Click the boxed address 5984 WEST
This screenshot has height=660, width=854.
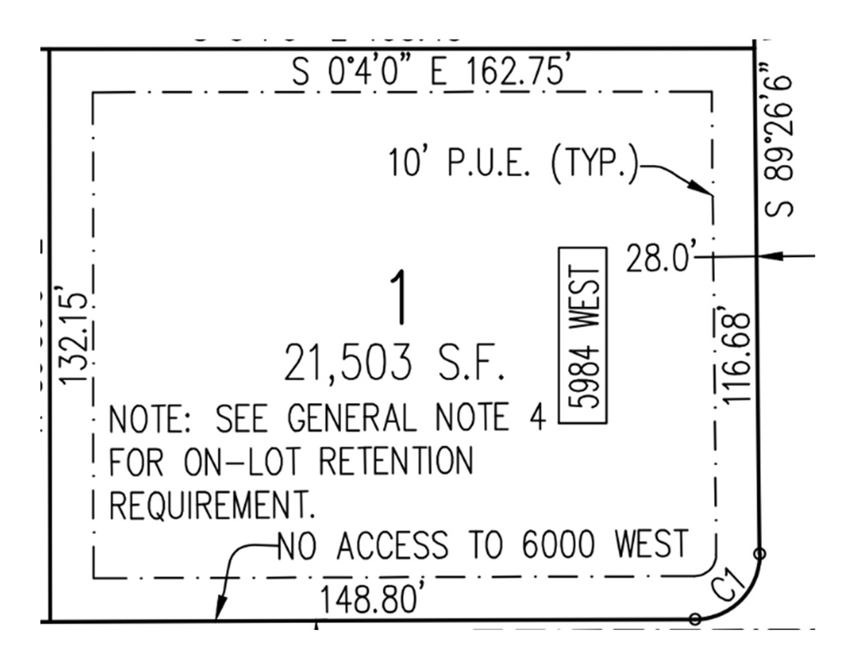click(584, 334)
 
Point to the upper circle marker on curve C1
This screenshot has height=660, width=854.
click(759, 553)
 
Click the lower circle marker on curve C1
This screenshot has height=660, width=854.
click(696, 618)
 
